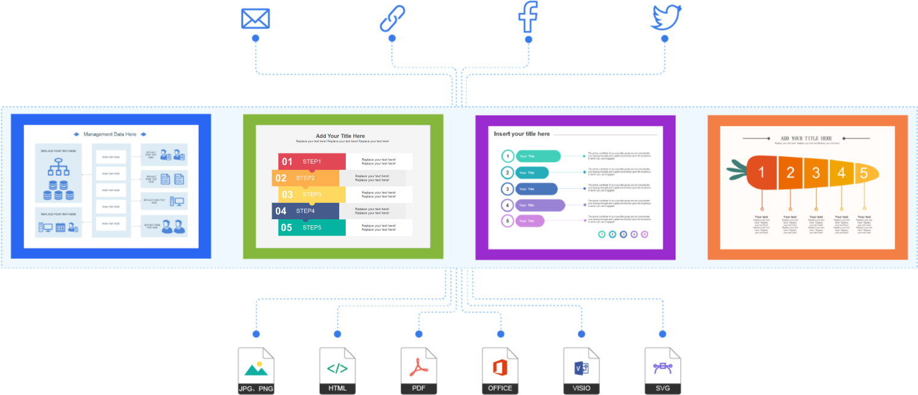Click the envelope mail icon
pos(255,19)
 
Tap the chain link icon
pos(392,19)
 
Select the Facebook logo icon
pos(528,17)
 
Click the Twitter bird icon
pos(666,17)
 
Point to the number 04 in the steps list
pos(281,211)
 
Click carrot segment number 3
pos(816,173)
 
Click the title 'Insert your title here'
pos(522,134)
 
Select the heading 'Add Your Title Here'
pos(340,136)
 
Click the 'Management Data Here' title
pos(110,134)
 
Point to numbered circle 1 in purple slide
pos(508,157)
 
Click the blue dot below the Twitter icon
pos(665,39)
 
